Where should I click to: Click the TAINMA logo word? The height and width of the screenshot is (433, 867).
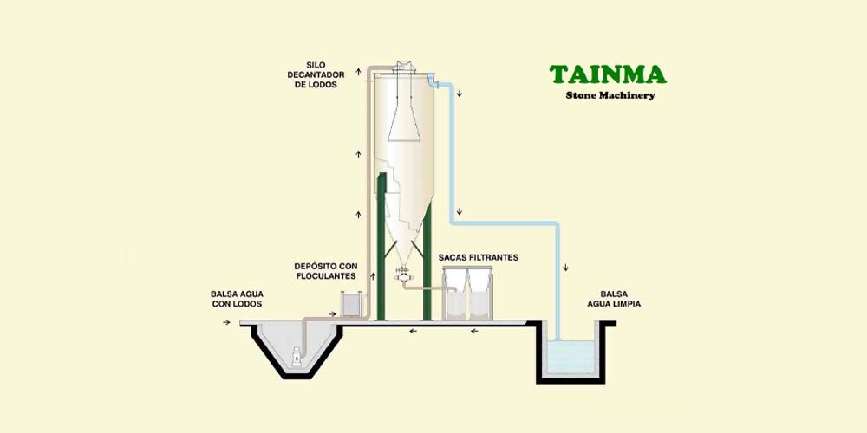pyautogui.click(x=607, y=74)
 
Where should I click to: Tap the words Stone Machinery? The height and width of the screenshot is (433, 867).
pyautogui.click(x=610, y=95)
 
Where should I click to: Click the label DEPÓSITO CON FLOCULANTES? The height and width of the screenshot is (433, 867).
pyautogui.click(x=325, y=269)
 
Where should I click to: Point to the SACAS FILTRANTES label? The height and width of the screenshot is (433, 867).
pyautogui.click(x=479, y=258)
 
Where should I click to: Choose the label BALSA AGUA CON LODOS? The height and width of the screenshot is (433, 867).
pyautogui.click(x=236, y=299)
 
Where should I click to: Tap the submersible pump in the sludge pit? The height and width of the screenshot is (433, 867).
pyautogui.click(x=297, y=355)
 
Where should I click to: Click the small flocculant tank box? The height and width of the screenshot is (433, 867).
pyautogui.click(x=351, y=304)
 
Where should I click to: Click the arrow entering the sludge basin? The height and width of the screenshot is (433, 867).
pyautogui.click(x=227, y=323)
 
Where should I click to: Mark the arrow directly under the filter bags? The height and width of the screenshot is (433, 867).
pyautogui.click(x=473, y=331)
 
